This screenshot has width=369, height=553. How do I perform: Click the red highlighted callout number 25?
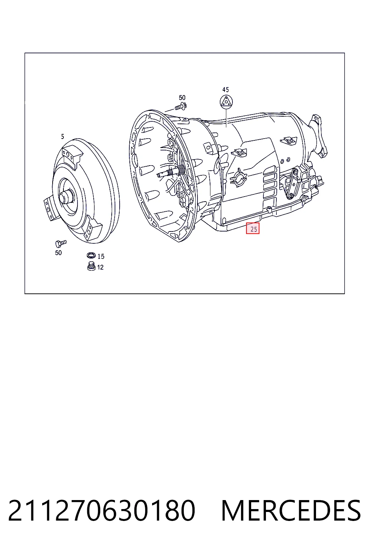point(253,229)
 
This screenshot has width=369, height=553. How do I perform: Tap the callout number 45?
point(226,90)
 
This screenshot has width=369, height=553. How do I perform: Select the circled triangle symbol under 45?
point(226,102)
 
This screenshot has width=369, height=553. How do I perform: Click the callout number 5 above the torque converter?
point(63,136)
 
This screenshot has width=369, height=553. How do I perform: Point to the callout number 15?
point(101,256)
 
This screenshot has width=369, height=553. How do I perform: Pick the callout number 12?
point(100,267)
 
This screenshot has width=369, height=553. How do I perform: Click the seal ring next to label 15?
point(91,255)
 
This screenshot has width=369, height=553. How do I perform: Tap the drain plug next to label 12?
point(92,266)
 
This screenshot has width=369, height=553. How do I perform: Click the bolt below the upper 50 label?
point(181,107)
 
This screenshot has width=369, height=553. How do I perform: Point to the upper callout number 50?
point(182,98)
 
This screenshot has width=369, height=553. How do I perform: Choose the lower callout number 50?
point(58,253)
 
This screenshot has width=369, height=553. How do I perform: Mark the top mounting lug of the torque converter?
point(71,155)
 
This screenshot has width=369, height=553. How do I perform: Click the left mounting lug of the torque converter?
point(49,208)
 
